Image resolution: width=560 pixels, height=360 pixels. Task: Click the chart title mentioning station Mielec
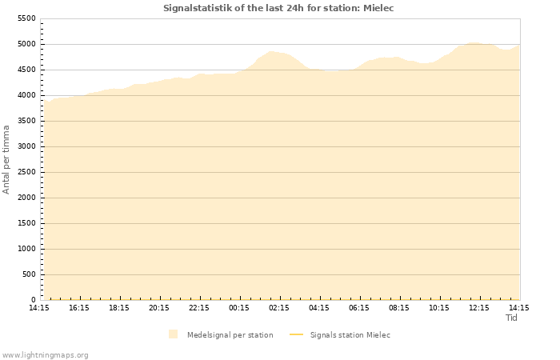(x=278, y=8)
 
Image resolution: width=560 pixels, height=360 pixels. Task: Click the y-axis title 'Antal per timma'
(x=6, y=159)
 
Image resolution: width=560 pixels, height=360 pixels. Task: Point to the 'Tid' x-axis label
(x=512, y=318)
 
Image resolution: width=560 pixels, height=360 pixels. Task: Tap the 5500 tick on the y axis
(x=26, y=18)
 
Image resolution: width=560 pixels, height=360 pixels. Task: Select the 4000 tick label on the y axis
(x=26, y=95)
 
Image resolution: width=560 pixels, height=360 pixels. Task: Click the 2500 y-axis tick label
(x=26, y=172)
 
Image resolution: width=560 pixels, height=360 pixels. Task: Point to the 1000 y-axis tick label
(x=26, y=249)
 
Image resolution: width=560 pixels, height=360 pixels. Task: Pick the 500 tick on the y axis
(x=29, y=274)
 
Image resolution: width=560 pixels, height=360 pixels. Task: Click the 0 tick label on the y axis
(x=34, y=300)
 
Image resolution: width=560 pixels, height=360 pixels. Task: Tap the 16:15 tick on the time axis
(x=79, y=308)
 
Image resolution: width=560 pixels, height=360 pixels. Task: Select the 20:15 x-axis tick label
(x=159, y=308)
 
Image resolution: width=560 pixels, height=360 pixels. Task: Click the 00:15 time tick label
(x=239, y=308)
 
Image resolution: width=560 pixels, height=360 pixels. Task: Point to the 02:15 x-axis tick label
(x=279, y=308)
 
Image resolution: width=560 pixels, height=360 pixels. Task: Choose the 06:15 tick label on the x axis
(x=359, y=308)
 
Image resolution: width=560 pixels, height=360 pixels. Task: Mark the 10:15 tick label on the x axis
(x=439, y=308)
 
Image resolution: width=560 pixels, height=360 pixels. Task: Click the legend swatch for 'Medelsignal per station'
(x=174, y=334)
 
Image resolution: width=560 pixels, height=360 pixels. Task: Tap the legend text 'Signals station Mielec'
(x=350, y=334)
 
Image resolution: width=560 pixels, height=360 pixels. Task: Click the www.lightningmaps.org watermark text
(x=46, y=354)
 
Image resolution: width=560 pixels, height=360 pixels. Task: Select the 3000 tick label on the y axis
(x=26, y=146)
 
